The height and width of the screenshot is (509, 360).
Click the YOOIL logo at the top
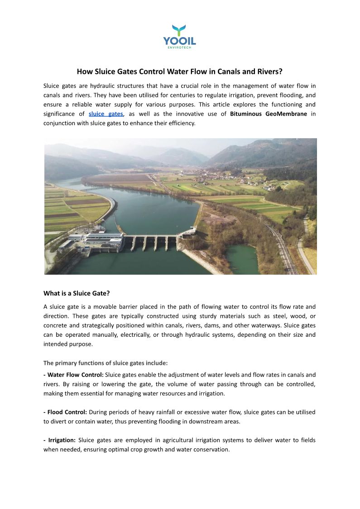pyautogui.click(x=180, y=35)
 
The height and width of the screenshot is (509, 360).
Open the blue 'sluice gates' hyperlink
pyautogui.click(x=106, y=114)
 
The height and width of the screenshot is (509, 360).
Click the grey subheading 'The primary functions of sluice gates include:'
pyautogui.click(x=106, y=363)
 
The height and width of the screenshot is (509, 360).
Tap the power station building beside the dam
pyautogui.click(x=103, y=240)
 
